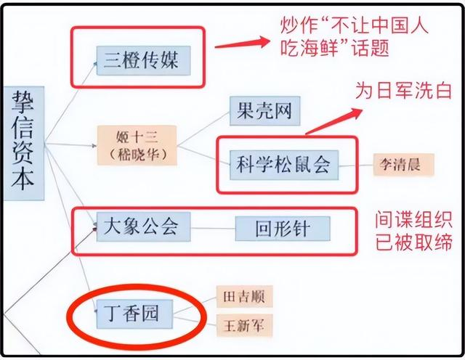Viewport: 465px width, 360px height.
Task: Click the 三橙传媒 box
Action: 143,60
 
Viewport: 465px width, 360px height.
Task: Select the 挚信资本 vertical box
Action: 25,142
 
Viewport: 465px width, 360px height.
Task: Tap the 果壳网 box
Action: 264,111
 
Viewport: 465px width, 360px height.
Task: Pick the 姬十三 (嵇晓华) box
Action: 137,143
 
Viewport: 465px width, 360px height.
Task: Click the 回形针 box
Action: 283,229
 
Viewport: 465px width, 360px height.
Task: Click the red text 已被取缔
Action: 413,242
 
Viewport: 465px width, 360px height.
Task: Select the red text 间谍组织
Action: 413,218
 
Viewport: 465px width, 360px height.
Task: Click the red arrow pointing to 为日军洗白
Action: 334,121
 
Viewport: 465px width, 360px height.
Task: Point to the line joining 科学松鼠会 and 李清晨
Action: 355,165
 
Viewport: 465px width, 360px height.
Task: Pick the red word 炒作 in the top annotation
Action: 300,25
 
